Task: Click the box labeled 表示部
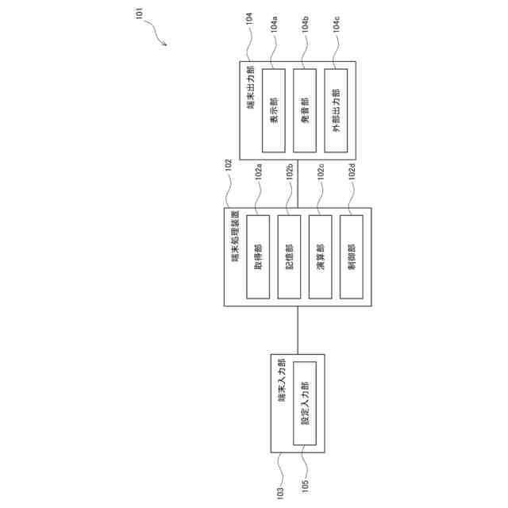click(274, 110)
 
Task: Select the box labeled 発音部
click(305, 110)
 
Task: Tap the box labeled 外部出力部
click(336, 110)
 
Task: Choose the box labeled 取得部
click(258, 256)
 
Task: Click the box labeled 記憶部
click(289, 256)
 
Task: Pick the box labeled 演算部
click(320, 256)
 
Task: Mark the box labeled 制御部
click(351, 256)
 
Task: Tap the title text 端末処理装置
click(236, 237)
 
